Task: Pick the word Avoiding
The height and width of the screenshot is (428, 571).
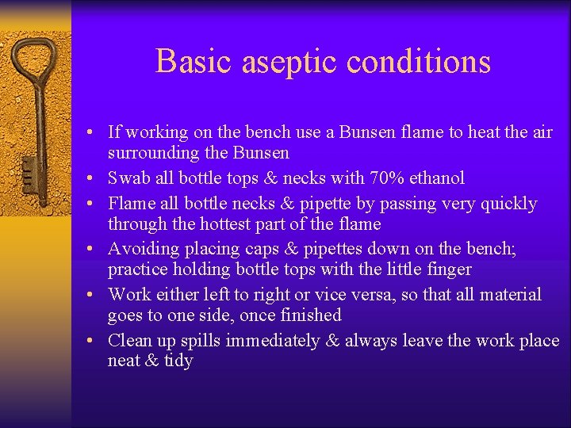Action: click(x=144, y=249)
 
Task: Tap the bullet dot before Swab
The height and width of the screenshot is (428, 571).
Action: click(x=92, y=179)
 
